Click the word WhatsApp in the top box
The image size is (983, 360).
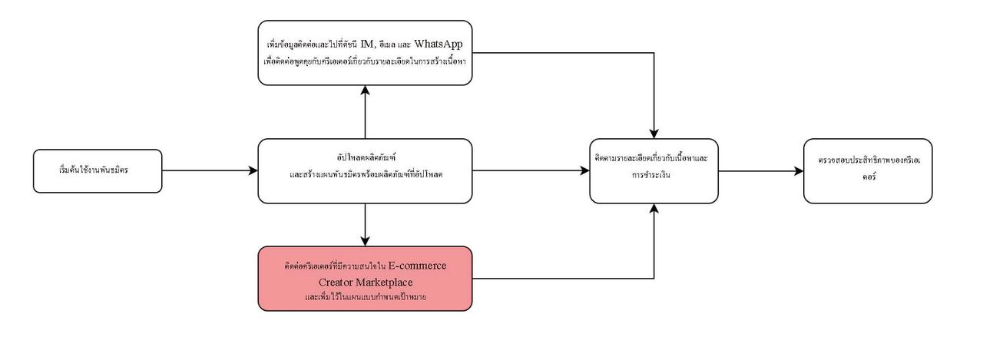pyautogui.click(x=441, y=43)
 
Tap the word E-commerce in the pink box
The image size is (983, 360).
pyautogui.click(x=417, y=265)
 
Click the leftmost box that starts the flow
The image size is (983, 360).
pyautogui.click(x=98, y=170)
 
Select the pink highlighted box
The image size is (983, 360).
pyautogui.click(x=365, y=278)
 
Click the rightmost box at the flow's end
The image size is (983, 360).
pyautogui.click(x=868, y=170)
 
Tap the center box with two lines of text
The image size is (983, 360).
pyautogui.click(x=365, y=170)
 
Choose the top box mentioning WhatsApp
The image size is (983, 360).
pyautogui.click(x=365, y=52)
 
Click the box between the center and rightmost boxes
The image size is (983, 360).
pyautogui.click(x=654, y=170)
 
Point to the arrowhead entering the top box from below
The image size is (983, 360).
pyautogui.click(x=366, y=90)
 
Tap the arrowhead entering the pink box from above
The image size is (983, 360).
pyautogui.click(x=366, y=241)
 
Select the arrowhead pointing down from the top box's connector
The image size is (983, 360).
pyautogui.click(x=654, y=134)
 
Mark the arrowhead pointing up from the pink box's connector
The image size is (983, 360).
pyautogui.click(x=654, y=208)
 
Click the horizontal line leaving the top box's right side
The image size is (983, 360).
pyautogui.click(x=561, y=54)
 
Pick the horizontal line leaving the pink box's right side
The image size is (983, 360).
pyautogui.click(x=561, y=277)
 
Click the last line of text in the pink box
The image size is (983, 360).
pyautogui.click(x=365, y=297)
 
